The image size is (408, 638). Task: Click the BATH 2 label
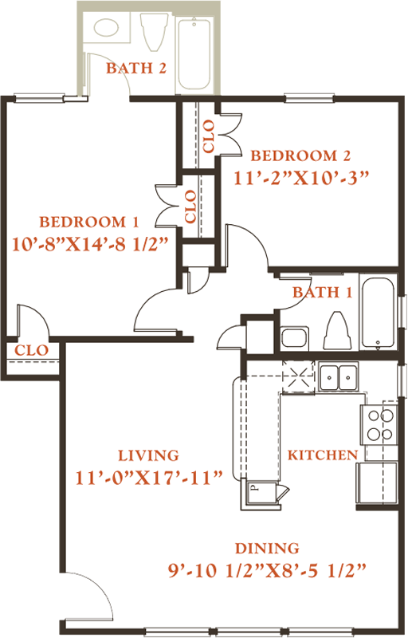[136, 68]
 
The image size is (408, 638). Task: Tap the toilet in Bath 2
[155, 32]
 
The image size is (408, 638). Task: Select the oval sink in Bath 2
[107, 28]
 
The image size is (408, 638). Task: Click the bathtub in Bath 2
[194, 53]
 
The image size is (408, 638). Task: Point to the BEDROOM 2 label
[300, 156]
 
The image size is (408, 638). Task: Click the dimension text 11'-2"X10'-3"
[301, 178]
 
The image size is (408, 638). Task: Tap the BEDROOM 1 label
[89, 222]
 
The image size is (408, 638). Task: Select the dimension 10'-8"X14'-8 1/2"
[90, 244]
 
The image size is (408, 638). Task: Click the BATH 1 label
[322, 292]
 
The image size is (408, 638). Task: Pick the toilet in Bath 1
[337, 330]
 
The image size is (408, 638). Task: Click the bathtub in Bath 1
[378, 313]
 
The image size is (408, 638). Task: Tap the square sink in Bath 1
[295, 337]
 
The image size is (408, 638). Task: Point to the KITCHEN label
[323, 455]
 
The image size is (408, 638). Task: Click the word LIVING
[148, 455]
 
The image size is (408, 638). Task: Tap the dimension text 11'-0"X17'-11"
[150, 478]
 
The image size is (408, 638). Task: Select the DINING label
[267, 548]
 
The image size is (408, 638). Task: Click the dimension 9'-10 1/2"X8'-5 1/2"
[268, 570]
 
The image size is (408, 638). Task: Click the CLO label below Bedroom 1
[31, 350]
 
